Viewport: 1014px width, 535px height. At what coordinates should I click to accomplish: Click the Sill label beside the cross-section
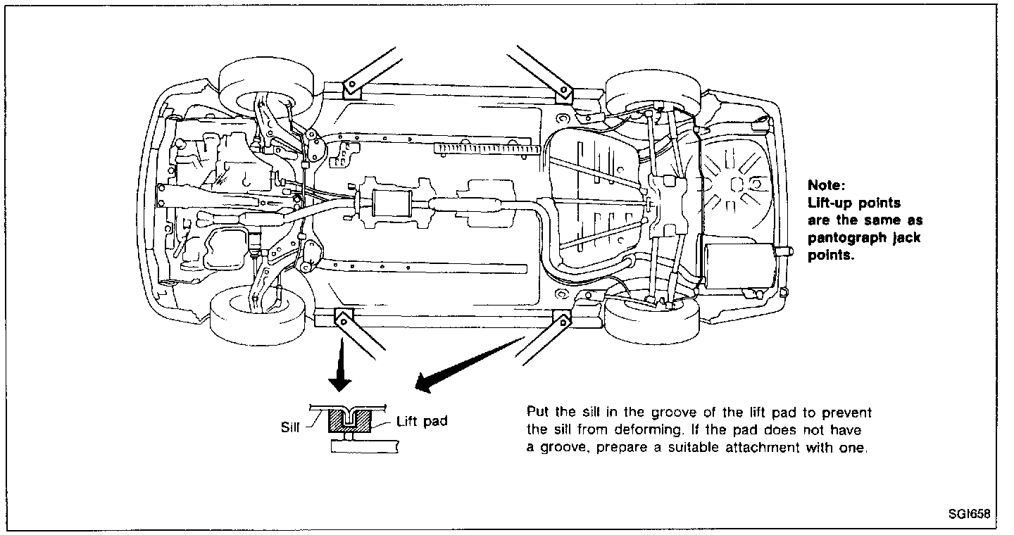(289, 425)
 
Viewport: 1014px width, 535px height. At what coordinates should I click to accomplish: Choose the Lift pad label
(421, 422)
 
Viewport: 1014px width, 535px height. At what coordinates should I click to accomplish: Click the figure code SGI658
(969, 514)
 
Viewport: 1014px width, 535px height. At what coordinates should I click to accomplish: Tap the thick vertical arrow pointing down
(342, 370)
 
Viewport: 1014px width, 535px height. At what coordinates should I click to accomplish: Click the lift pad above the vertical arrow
(343, 320)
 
